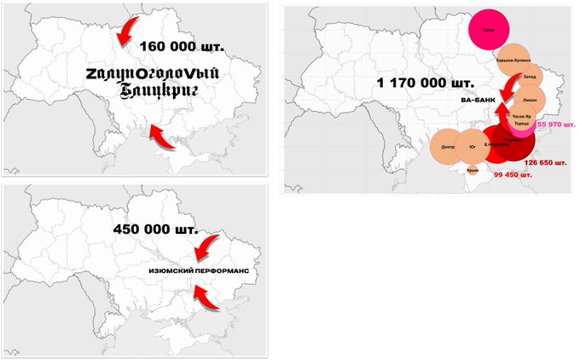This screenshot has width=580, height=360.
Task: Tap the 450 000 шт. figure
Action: coord(155,229)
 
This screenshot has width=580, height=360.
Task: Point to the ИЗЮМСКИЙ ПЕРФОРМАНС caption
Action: coord(201,273)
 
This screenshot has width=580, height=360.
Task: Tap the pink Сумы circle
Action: coord(490,28)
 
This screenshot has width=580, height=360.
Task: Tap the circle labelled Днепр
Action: coord(448,147)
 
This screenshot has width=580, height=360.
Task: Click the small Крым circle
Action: coord(472,170)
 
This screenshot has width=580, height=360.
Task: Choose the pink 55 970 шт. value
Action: coord(555,125)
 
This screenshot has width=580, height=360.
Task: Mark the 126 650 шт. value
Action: coord(546,162)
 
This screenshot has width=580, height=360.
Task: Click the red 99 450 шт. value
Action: coord(513,175)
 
